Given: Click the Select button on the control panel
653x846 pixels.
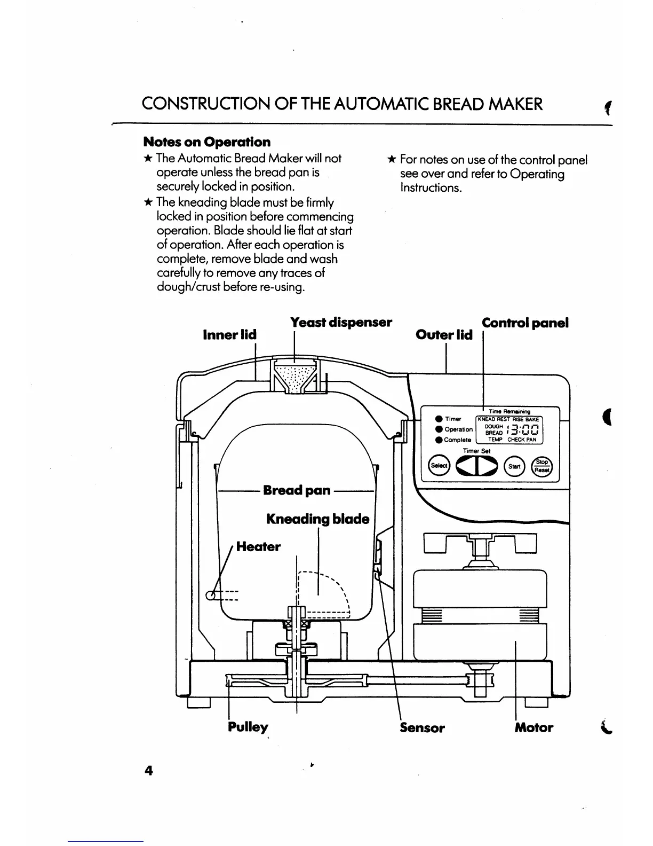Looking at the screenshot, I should coord(439,466).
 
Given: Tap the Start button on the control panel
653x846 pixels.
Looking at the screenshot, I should coord(514,466).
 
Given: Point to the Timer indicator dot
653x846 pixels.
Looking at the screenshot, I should coord(439,419).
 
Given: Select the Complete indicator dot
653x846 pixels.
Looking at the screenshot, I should coord(439,440).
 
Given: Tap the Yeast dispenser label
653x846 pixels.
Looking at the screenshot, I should coord(341,323).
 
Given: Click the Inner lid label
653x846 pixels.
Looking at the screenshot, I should coord(229,335).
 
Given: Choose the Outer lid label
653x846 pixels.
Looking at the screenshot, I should coord(444,335).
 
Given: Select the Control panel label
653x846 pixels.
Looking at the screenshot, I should coord(525,323).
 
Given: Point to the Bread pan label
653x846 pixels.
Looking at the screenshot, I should coord(297,490).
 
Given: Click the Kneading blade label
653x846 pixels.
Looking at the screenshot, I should coord(317,519).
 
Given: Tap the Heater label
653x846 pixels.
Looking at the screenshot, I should coord(258,546).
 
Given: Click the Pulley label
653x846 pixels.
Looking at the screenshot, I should coord(248,727).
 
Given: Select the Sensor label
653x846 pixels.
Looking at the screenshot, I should coord(422,727).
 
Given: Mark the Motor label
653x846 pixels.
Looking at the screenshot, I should coord(533,727).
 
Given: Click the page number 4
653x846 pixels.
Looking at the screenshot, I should coord(148,771).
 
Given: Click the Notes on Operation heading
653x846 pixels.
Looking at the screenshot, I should coord(207,142).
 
